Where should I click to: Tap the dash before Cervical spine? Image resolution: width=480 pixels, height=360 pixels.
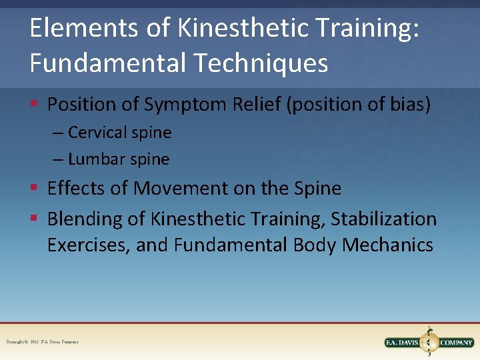click(x=59, y=133)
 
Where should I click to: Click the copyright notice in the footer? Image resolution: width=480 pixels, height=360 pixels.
click(x=43, y=342)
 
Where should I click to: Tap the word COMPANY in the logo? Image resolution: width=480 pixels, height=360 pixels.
click(x=456, y=343)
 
